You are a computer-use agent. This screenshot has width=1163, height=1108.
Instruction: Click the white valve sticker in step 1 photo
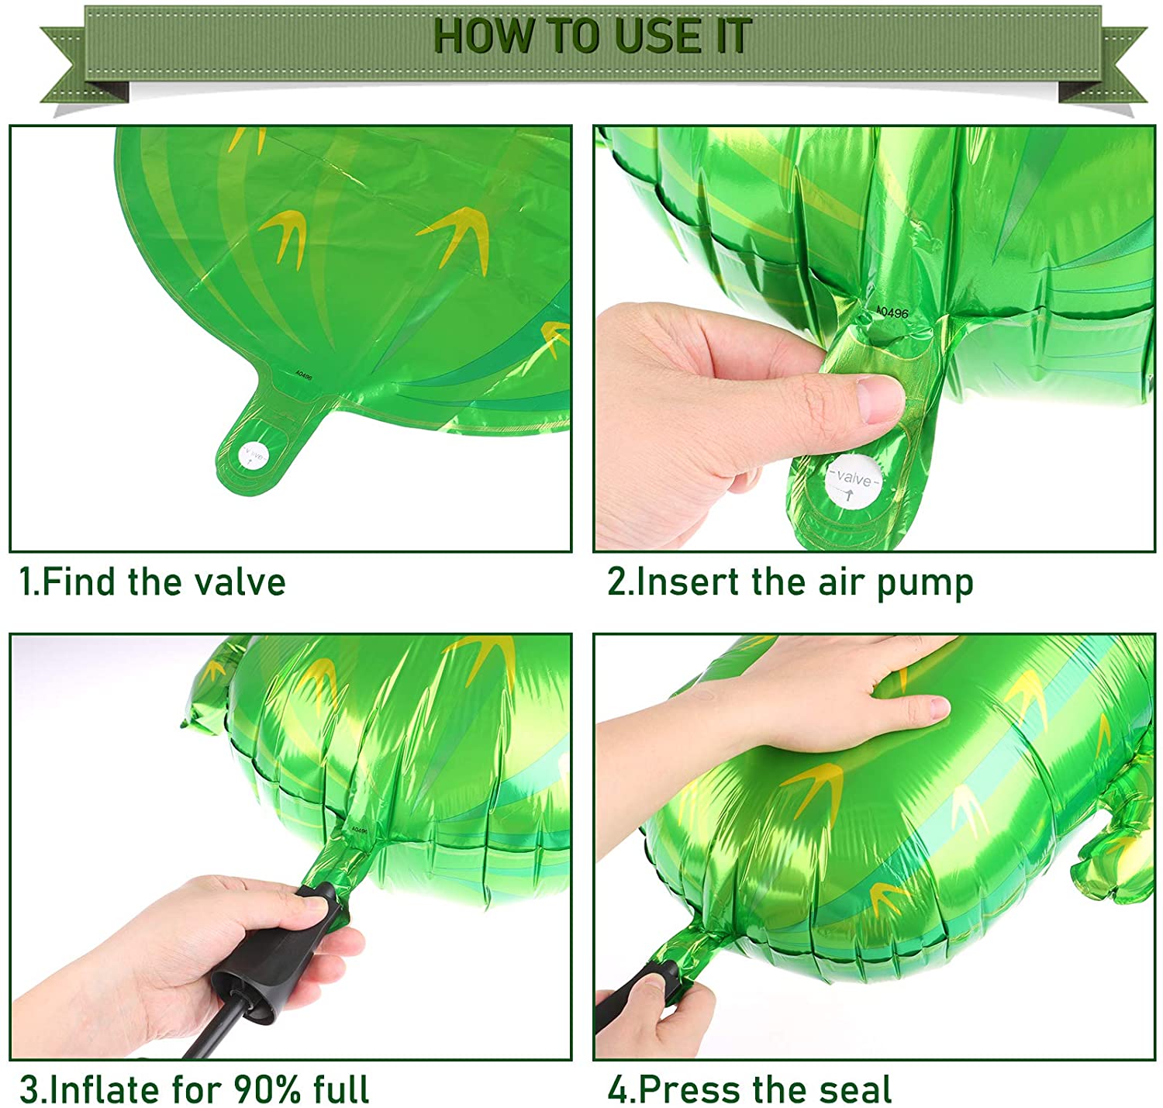click(254, 455)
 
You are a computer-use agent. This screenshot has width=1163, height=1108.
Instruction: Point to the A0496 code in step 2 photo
click(892, 312)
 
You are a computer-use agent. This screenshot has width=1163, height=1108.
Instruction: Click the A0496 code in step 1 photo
click(303, 375)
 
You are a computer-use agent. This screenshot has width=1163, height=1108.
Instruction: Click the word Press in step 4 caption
click(690, 1089)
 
